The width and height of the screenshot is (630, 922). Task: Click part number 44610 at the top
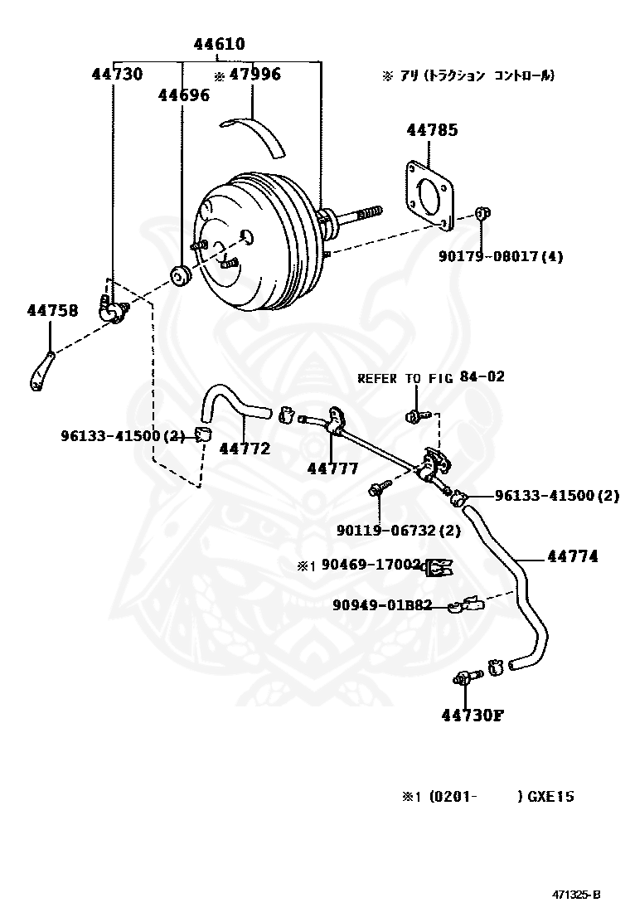tap(219, 45)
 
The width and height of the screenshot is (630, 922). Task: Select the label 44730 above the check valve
tap(117, 75)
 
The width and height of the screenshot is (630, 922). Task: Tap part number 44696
tap(183, 95)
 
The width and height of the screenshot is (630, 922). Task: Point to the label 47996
tap(254, 75)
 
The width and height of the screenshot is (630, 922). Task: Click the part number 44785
tap(431, 130)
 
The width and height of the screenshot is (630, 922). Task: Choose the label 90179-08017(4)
tap(500, 256)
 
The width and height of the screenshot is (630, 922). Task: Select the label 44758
tap(52, 311)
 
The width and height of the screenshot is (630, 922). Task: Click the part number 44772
tap(245, 449)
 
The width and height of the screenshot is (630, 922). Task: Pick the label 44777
tap(332, 468)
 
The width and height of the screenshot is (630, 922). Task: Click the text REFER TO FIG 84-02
tap(430, 377)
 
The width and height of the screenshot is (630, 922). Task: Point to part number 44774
tap(572, 556)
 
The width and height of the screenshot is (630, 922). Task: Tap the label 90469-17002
tap(370, 565)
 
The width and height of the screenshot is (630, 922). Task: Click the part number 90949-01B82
tap(382, 605)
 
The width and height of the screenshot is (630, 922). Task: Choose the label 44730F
tap(472, 715)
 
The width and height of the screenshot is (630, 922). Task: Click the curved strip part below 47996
tap(257, 134)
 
